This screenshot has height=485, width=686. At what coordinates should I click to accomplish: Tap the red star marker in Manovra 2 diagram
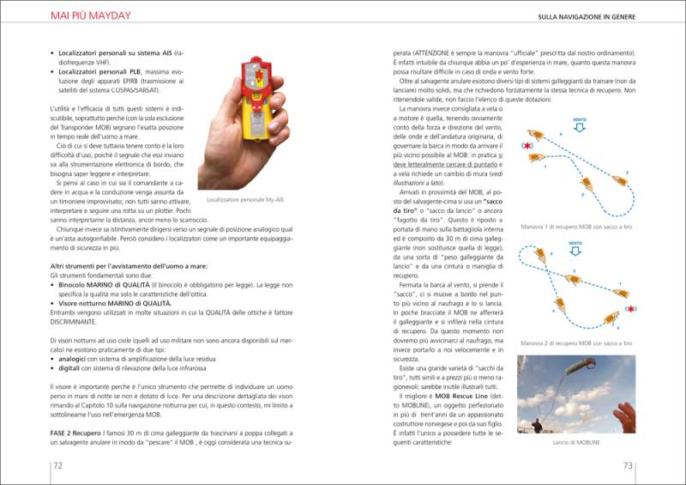630,308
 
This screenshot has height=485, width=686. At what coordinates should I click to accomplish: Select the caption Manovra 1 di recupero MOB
575,227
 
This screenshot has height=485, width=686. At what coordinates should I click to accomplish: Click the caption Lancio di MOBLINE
576,441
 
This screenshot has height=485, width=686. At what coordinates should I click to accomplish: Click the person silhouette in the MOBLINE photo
537,425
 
